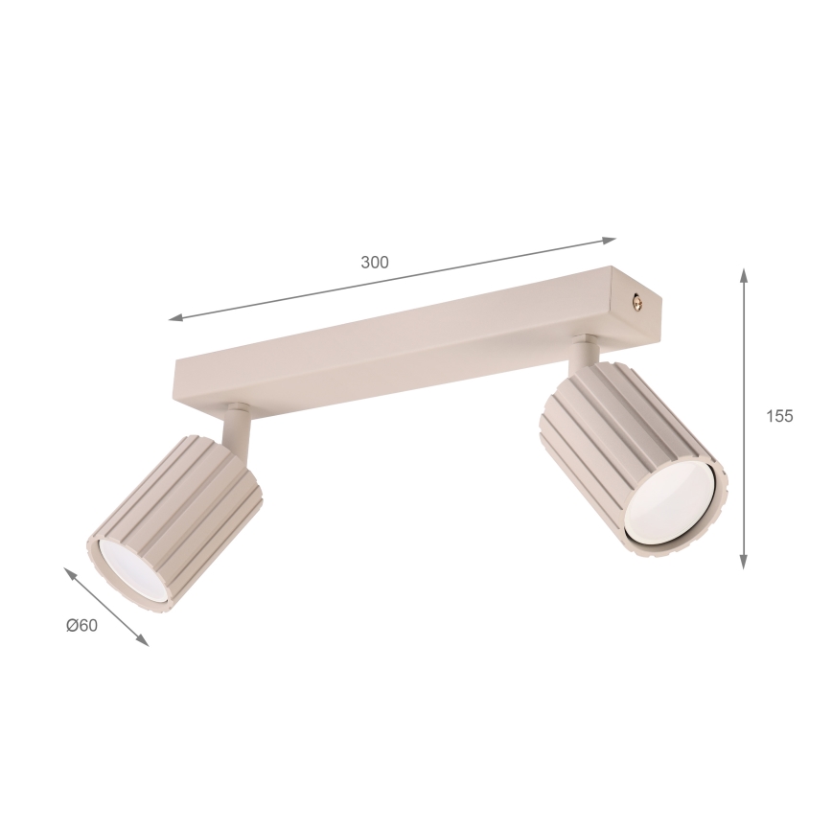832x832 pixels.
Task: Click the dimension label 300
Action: (375, 262)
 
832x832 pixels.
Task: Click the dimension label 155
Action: (779, 417)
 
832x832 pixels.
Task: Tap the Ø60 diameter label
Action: (82, 626)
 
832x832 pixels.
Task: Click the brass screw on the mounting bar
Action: (637, 303)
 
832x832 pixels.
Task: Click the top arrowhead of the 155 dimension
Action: (745, 277)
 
